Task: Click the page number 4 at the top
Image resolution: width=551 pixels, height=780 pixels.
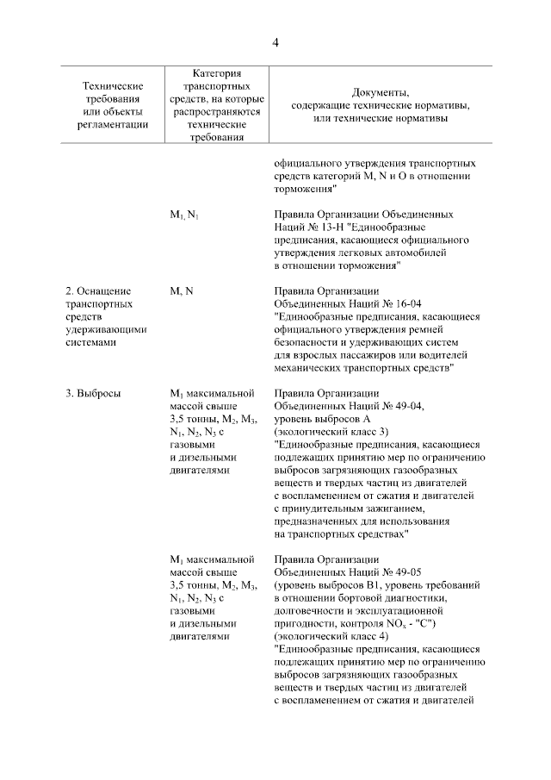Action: (x=275, y=41)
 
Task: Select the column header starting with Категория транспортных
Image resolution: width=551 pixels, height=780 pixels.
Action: (x=209, y=105)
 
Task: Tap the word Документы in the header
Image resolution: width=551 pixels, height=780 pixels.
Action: (x=381, y=92)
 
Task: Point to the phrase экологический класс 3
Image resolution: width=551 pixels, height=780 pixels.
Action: (x=331, y=432)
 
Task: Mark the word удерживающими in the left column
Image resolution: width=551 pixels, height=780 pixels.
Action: (x=107, y=329)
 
